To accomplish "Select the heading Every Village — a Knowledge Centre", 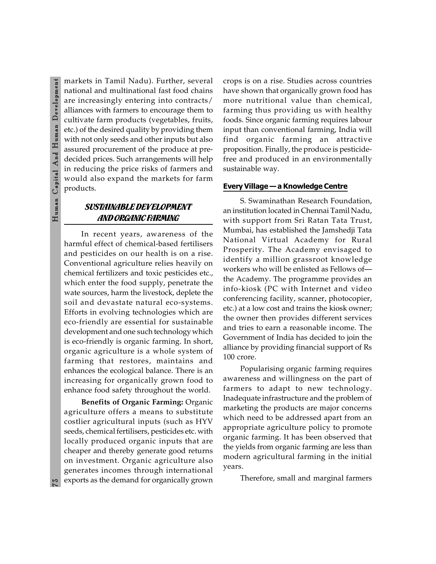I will click(285, 186).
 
